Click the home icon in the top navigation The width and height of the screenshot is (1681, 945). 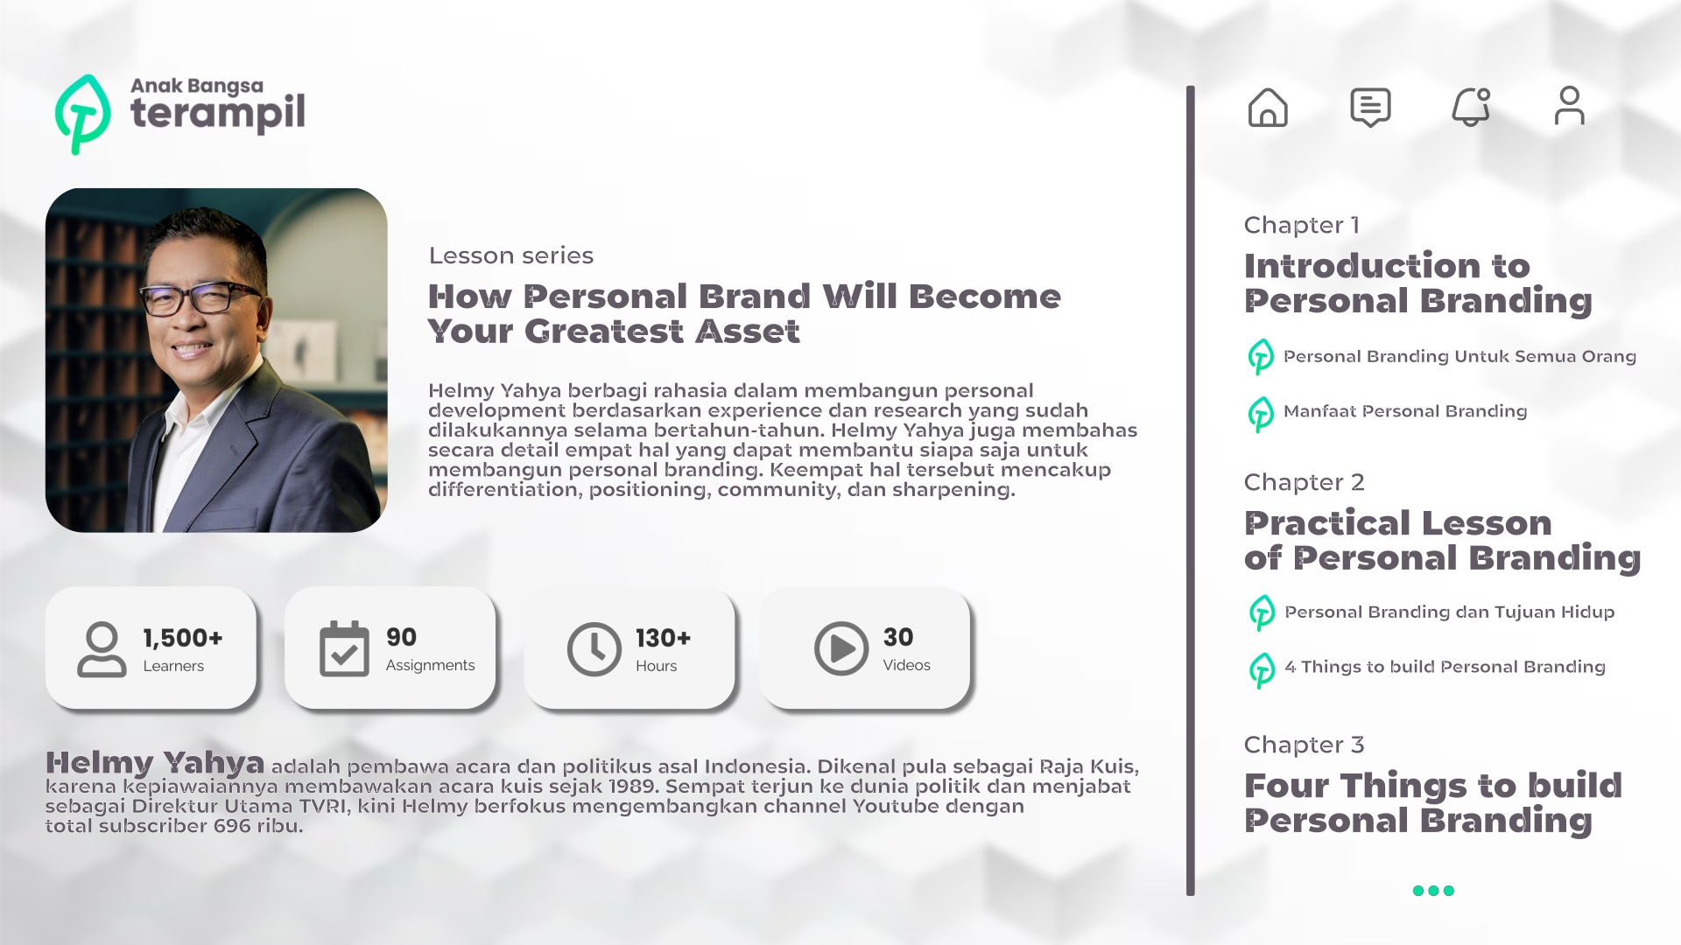coord(1268,108)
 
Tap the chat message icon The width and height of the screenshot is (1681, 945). coord(1370,108)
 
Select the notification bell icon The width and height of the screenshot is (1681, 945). coord(1471,107)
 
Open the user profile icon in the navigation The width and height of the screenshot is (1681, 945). coord(1570,106)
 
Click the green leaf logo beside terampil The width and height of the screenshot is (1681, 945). coord(82,115)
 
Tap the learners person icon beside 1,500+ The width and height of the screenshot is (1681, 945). coord(102,649)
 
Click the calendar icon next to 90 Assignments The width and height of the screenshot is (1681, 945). coord(344,648)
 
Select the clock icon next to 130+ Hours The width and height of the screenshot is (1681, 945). coord(594,649)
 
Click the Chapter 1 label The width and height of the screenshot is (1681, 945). coord(1302,225)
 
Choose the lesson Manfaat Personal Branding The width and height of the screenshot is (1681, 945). coord(1405,411)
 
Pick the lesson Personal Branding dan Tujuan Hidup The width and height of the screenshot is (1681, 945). coord(1449,612)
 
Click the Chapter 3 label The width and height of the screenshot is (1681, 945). coord(1304,745)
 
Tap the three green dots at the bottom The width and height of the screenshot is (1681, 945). coord(1433,891)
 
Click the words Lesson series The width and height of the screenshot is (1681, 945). coord(511,255)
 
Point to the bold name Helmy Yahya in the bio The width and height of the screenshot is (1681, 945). coord(155,763)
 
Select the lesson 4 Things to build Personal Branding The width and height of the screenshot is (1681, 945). coord(1445,667)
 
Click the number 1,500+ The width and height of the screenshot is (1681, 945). coord(183,638)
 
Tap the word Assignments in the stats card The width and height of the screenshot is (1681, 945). coord(430,666)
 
